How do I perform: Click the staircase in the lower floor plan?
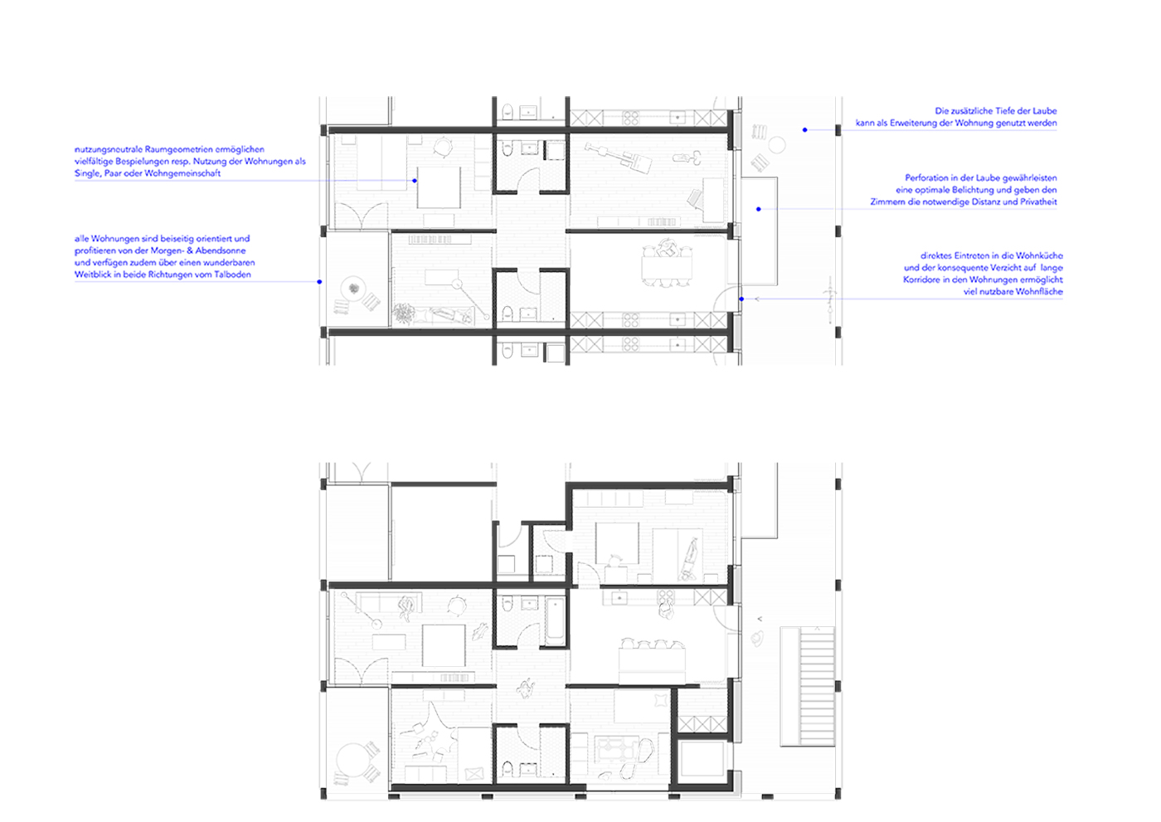pyautogui.click(x=807, y=686)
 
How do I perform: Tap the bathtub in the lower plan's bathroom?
pyautogui.click(x=555, y=620)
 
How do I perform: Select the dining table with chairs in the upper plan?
pyautogui.click(x=666, y=265)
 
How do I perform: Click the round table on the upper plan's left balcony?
pyautogui.click(x=354, y=289)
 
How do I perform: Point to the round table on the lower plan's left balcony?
pyautogui.click(x=352, y=760)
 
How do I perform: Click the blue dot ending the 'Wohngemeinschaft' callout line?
pyautogui.click(x=415, y=180)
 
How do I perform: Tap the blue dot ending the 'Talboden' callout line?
pyautogui.click(x=319, y=282)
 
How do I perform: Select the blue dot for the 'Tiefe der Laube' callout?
pyautogui.click(x=804, y=129)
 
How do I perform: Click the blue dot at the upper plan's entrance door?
pyautogui.click(x=741, y=299)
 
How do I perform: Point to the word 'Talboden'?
pyautogui.click(x=232, y=275)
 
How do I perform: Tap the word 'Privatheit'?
pyautogui.click(x=1035, y=202)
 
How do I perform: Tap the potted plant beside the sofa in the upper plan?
pyautogui.click(x=403, y=314)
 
